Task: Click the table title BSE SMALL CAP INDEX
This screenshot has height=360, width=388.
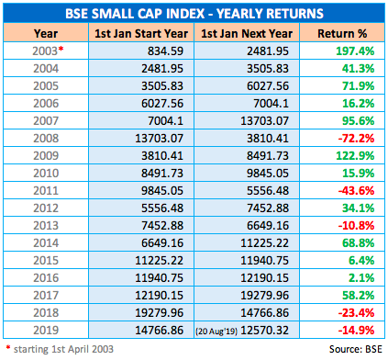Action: tap(135, 14)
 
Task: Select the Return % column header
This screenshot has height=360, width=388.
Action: tap(342, 33)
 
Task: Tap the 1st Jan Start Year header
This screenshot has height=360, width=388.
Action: tap(141, 33)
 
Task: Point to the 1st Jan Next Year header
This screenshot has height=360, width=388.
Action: tap(247, 33)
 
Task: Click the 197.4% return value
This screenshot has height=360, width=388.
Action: tap(355, 51)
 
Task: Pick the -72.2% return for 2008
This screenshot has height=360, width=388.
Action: tap(356, 139)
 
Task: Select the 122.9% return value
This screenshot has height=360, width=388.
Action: tap(355, 156)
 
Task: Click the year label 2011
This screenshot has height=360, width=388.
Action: tap(46, 191)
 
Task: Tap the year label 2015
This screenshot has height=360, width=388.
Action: tap(46, 261)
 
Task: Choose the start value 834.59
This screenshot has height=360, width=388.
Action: tap(165, 51)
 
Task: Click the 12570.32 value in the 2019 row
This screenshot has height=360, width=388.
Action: tap(264, 331)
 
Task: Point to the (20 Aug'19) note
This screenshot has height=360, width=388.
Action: tap(216, 332)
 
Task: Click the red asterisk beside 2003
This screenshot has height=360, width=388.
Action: tap(61, 49)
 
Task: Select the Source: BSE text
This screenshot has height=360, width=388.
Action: tap(356, 349)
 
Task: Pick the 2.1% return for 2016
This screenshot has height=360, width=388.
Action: tap(361, 278)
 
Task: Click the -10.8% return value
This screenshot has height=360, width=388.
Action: tap(356, 226)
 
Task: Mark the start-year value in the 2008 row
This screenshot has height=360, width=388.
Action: tap(159, 139)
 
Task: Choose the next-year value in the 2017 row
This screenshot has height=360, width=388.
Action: tap(264, 296)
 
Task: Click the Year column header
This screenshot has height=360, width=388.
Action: tap(46, 33)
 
